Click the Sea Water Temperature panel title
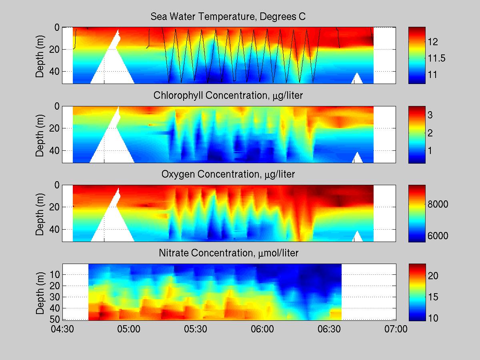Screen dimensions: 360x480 click(228, 17)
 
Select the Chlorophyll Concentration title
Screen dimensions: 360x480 click(228, 96)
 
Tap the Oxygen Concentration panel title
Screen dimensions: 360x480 click(228, 174)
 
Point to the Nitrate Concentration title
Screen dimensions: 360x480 click(228, 253)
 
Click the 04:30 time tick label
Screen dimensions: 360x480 click(62, 330)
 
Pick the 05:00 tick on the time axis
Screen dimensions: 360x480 click(129, 330)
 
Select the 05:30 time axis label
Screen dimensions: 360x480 click(196, 330)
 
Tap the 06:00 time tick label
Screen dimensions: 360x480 click(262, 330)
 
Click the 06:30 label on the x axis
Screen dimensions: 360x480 click(329, 330)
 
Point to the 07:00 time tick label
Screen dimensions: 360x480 click(396, 330)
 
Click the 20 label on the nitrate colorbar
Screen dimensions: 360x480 click(434, 276)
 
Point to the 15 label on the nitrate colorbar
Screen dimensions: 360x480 click(434, 297)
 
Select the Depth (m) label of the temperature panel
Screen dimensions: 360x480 click(40, 56)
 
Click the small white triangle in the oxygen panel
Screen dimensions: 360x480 click(358, 237)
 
